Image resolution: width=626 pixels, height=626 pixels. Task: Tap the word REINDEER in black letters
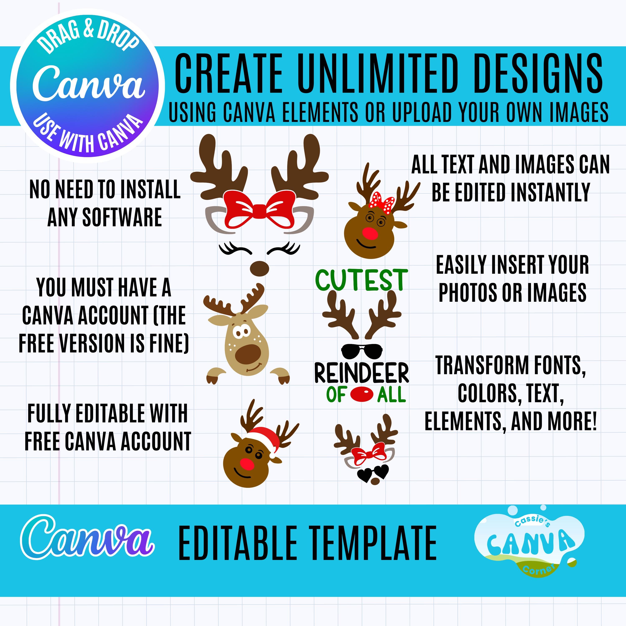tap(362, 374)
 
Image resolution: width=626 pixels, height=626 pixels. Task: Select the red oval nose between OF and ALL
tap(362, 395)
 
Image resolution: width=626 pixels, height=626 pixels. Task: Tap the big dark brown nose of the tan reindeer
tap(249, 354)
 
